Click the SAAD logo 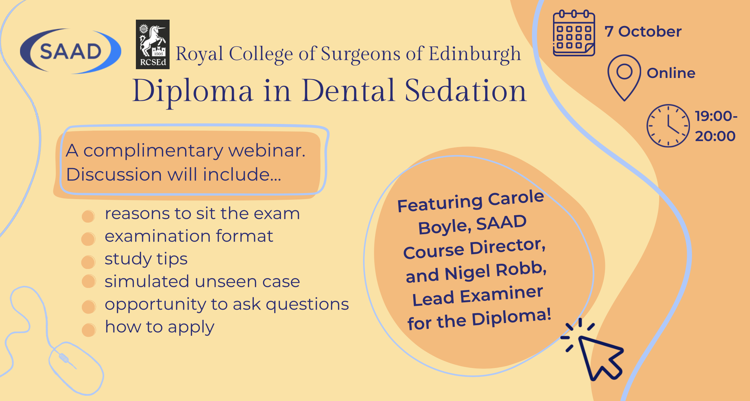[71, 51]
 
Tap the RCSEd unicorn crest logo [153, 44]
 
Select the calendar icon [574, 33]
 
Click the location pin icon [624, 78]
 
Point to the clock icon [668, 125]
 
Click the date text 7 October [643, 32]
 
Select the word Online [671, 73]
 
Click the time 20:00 [715, 136]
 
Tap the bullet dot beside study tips [88, 262]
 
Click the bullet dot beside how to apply [89, 330]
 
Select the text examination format [189, 236]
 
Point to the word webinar [267, 151]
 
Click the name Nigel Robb [495, 271]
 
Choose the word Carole [516, 198]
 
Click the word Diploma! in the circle [511, 317]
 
